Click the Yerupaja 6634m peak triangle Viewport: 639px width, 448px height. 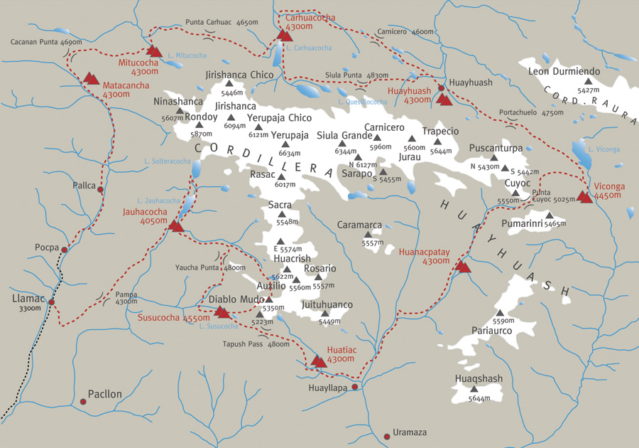coord(285,144)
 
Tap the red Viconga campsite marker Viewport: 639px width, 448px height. coord(584,196)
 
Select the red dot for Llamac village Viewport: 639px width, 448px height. coord(51,302)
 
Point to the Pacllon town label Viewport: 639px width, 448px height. coord(104,394)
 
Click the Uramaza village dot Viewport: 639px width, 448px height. coord(387,436)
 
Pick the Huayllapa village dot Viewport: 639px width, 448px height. coord(356,387)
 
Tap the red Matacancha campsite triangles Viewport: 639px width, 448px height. coord(91,78)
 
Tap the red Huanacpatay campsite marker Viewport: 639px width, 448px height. coord(462,267)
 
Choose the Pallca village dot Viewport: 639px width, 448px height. coord(100,190)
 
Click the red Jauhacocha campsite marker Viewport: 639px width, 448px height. coord(176,226)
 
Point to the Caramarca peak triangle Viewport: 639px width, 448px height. coord(368,234)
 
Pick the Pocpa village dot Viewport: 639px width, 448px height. coord(65,250)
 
